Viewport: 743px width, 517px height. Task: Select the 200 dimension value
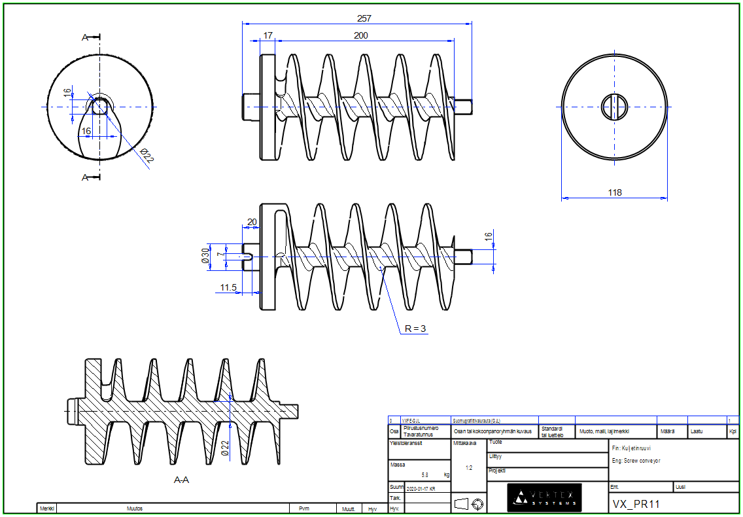(x=360, y=35)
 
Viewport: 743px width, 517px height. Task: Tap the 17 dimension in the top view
(x=268, y=35)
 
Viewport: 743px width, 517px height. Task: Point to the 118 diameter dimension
(x=615, y=192)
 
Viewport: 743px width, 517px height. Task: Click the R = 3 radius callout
(x=414, y=328)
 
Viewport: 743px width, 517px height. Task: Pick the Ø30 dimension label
(x=206, y=256)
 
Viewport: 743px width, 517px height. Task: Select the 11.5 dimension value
(x=228, y=287)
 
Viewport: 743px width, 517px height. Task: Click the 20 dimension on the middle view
(x=252, y=222)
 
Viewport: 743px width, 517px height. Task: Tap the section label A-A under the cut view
(x=181, y=480)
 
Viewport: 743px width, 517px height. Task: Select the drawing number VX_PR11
(x=636, y=504)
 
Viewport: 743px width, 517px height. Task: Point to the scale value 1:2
(x=468, y=468)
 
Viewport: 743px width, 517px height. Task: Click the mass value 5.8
(x=425, y=474)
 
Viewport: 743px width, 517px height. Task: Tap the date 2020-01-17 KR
(x=421, y=489)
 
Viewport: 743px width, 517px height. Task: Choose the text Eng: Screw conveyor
(x=636, y=461)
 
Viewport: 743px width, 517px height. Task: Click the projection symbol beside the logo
(x=470, y=503)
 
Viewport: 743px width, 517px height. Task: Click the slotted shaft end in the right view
(x=615, y=107)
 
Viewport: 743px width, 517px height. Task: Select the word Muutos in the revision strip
(x=135, y=508)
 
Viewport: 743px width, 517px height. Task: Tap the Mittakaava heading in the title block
(x=465, y=443)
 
